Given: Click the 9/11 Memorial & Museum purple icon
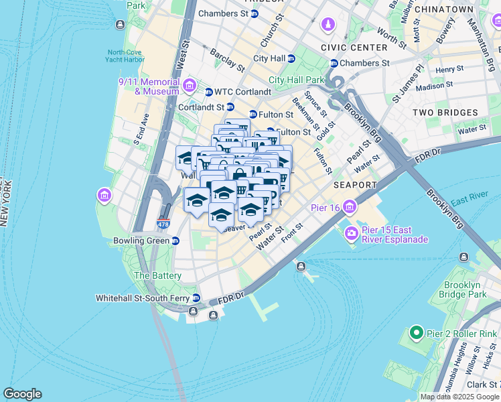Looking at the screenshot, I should coord(189,85).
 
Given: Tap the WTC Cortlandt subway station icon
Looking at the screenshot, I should coord(208,92).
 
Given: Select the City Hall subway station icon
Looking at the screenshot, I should coord(291,58).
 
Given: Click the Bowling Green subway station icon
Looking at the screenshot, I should coord(175,240).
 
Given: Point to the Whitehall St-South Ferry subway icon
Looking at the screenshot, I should coord(196,297).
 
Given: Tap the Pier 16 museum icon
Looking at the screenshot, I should coord(349,208).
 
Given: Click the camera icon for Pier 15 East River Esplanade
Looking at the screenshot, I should coord(350,233).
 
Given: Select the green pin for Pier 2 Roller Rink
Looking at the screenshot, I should coord(415,332).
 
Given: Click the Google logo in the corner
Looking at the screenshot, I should coord(22,394).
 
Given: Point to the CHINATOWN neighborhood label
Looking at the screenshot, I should coord(444,9).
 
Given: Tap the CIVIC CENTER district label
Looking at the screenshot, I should coord(354,48).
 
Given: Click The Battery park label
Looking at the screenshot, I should coord(157,275).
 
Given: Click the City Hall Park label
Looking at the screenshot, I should coord(297,80).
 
